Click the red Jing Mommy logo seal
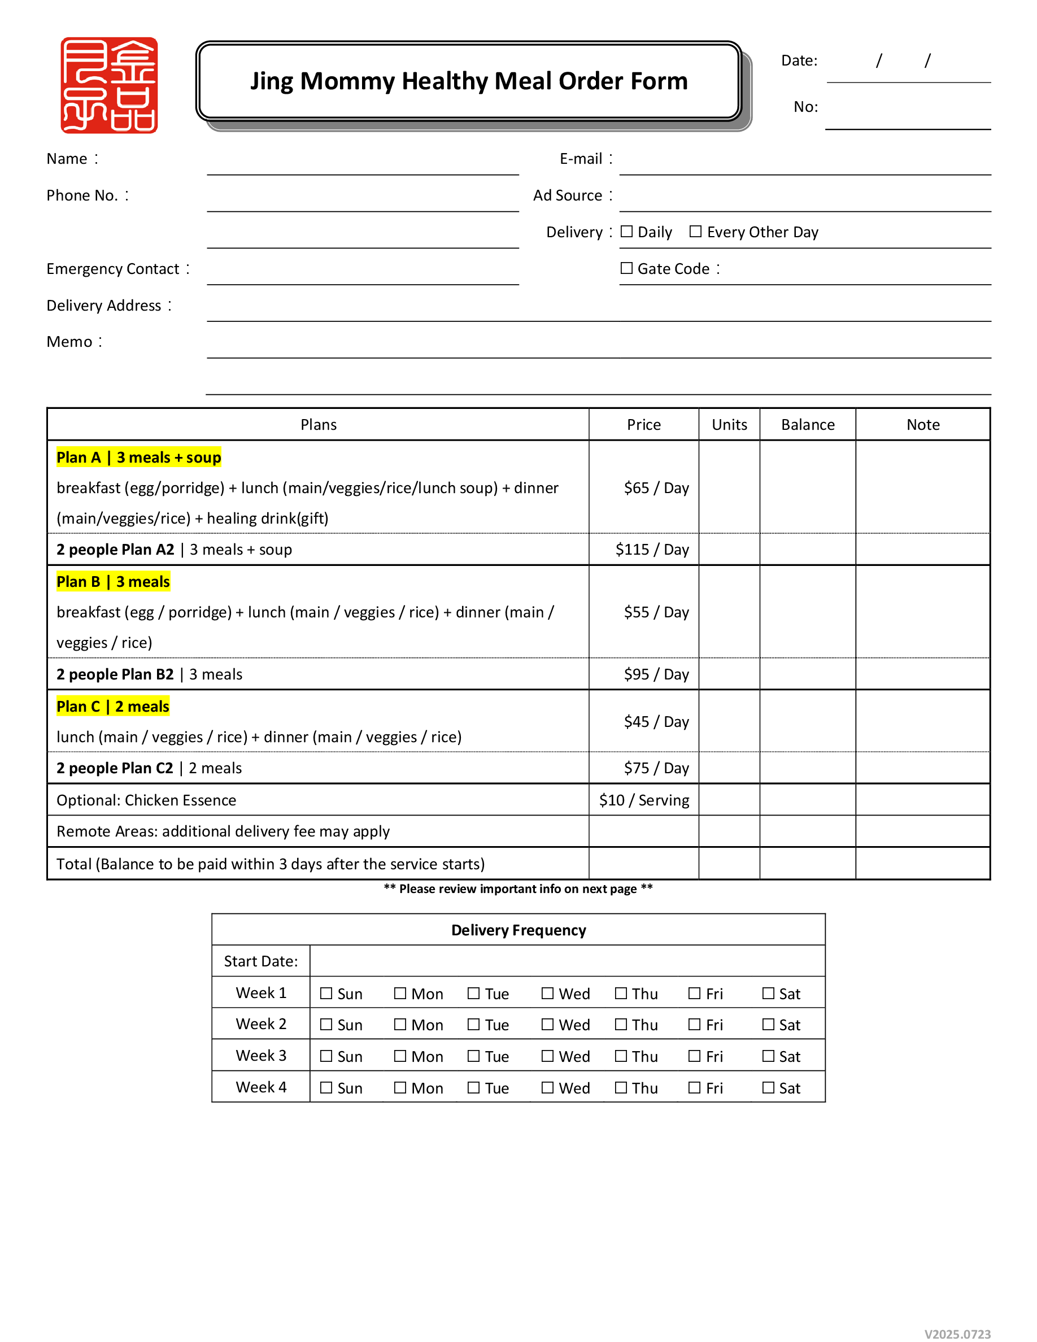pyautogui.click(x=109, y=85)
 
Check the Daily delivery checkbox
pyautogui.click(x=626, y=232)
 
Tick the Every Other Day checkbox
pyautogui.click(x=695, y=232)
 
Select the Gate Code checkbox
pyautogui.click(x=626, y=268)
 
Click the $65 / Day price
pyautogui.click(x=656, y=488)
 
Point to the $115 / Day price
pyautogui.click(x=652, y=550)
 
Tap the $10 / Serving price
pyautogui.click(x=644, y=800)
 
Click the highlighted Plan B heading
pyautogui.click(x=113, y=581)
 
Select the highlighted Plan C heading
pyautogui.click(x=112, y=706)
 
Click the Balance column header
pyautogui.click(x=808, y=425)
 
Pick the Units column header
pyautogui.click(x=729, y=425)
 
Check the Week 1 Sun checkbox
pyautogui.click(x=326, y=994)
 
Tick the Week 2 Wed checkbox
pyautogui.click(x=547, y=1025)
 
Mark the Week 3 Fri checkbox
pyautogui.click(x=694, y=1056)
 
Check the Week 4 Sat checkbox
pyautogui.click(x=768, y=1088)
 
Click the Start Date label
pyautogui.click(x=260, y=961)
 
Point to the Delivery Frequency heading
pyautogui.click(x=518, y=930)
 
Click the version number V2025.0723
pyautogui.click(x=957, y=1334)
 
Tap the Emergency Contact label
pyautogui.click(x=113, y=268)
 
